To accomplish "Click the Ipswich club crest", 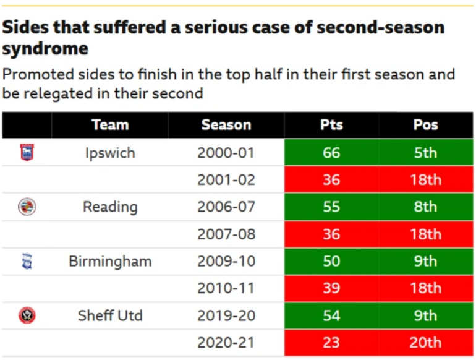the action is click(x=27, y=152).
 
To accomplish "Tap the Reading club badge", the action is click(x=27, y=207).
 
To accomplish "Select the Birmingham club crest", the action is click(x=27, y=261).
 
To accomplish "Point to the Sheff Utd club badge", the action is click(x=27, y=315).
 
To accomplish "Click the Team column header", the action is click(x=110, y=125).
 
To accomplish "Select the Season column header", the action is click(x=226, y=125).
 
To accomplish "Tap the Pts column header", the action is click(x=331, y=125).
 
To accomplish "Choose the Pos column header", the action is click(x=425, y=125).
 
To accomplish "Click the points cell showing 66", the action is click(x=331, y=153).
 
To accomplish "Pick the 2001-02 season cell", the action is click(x=226, y=179).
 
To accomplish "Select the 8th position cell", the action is click(x=426, y=207).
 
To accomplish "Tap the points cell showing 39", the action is click(x=331, y=288).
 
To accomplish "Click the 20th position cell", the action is click(x=426, y=343).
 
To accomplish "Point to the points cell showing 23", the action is click(x=331, y=343).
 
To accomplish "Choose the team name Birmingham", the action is click(x=110, y=262).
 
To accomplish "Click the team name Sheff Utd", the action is click(x=110, y=315).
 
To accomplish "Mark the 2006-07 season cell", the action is click(x=226, y=207).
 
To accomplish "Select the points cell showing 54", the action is click(x=331, y=315).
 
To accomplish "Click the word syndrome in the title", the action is click(x=45, y=49).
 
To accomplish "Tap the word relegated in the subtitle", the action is click(x=58, y=93).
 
